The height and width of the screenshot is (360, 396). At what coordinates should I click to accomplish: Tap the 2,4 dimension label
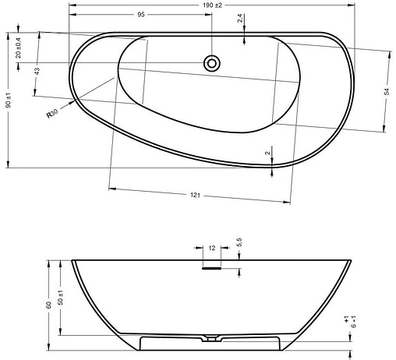tap(239, 19)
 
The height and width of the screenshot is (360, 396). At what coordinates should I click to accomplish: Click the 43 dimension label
tap(37, 71)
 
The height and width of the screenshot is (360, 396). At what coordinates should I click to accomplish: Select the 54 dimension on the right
tap(386, 92)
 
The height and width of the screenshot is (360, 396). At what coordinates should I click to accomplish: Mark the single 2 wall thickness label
tap(267, 153)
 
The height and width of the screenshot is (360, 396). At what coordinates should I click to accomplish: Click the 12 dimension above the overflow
tap(212, 248)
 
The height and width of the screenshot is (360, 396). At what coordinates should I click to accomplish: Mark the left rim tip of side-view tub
tap(72, 260)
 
